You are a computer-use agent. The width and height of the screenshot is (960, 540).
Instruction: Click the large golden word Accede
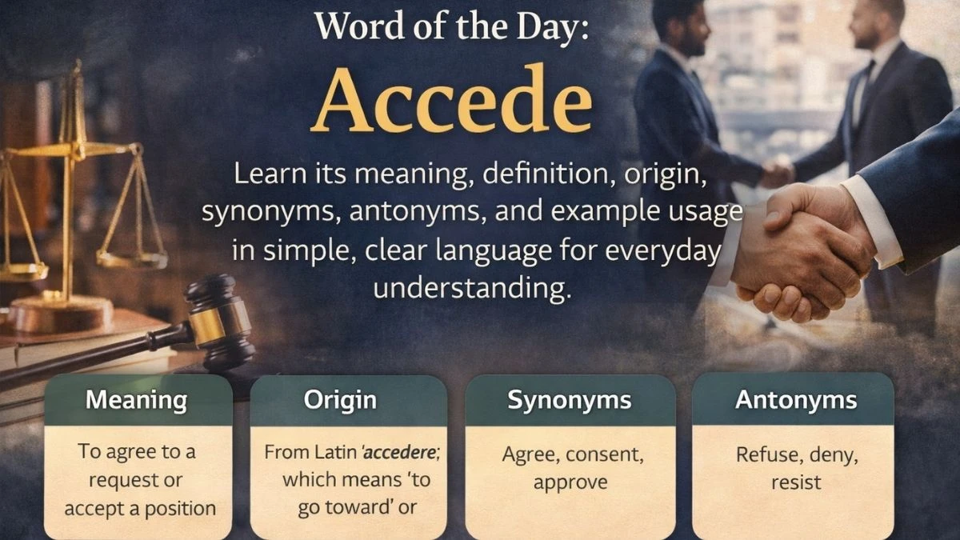tap(452, 99)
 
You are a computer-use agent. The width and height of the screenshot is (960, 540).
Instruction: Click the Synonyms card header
tap(570, 400)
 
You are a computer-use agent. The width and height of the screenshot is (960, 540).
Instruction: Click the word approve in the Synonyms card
tap(570, 483)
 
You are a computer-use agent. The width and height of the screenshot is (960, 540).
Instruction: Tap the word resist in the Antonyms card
tap(796, 482)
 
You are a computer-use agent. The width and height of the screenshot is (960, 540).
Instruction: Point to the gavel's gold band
tap(207, 326)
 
